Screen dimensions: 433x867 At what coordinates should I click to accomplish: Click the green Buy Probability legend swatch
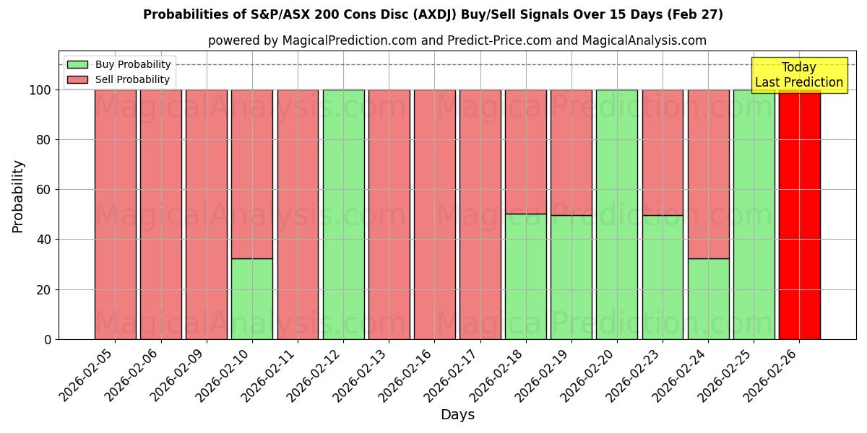coord(77,65)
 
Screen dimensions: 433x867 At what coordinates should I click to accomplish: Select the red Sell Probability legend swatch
coord(77,80)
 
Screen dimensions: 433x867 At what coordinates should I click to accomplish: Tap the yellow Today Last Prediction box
coord(798,75)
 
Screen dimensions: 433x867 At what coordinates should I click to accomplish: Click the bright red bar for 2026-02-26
coord(799,214)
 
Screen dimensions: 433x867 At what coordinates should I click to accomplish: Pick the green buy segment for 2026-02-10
coord(252,299)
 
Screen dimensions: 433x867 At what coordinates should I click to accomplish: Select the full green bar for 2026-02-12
coord(343,214)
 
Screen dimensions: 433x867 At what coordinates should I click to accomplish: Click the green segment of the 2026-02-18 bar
coord(526,276)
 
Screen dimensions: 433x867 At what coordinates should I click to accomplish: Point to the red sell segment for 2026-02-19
coord(571,152)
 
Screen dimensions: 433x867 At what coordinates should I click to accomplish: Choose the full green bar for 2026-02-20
coord(617,214)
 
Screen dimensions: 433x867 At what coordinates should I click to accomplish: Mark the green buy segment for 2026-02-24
coord(708,299)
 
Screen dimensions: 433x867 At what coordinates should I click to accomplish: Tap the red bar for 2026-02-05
coord(116,214)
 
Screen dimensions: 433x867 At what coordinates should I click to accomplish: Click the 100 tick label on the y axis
coord(41,90)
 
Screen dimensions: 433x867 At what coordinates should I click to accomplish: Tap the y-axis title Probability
coord(18,196)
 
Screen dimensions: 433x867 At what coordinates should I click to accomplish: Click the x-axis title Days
coord(457,415)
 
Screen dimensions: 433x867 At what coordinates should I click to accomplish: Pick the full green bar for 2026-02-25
coord(754,214)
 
